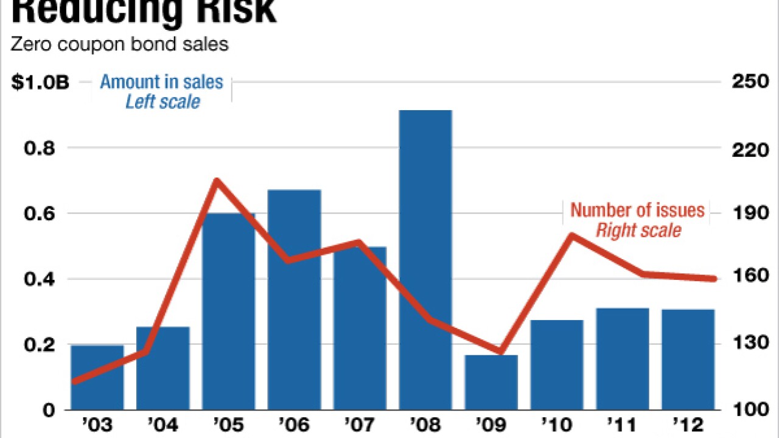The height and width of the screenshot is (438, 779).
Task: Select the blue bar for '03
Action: (x=97, y=377)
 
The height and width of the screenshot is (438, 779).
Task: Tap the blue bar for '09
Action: (x=491, y=382)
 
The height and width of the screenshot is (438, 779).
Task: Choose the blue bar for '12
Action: (x=688, y=359)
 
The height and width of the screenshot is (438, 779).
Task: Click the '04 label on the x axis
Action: (x=162, y=424)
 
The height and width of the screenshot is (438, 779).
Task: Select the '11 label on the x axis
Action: (x=622, y=424)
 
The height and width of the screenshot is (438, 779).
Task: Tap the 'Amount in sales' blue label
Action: (x=161, y=82)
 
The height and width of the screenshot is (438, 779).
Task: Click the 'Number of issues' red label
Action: (x=637, y=210)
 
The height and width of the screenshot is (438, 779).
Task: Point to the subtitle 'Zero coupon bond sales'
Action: (x=120, y=45)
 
